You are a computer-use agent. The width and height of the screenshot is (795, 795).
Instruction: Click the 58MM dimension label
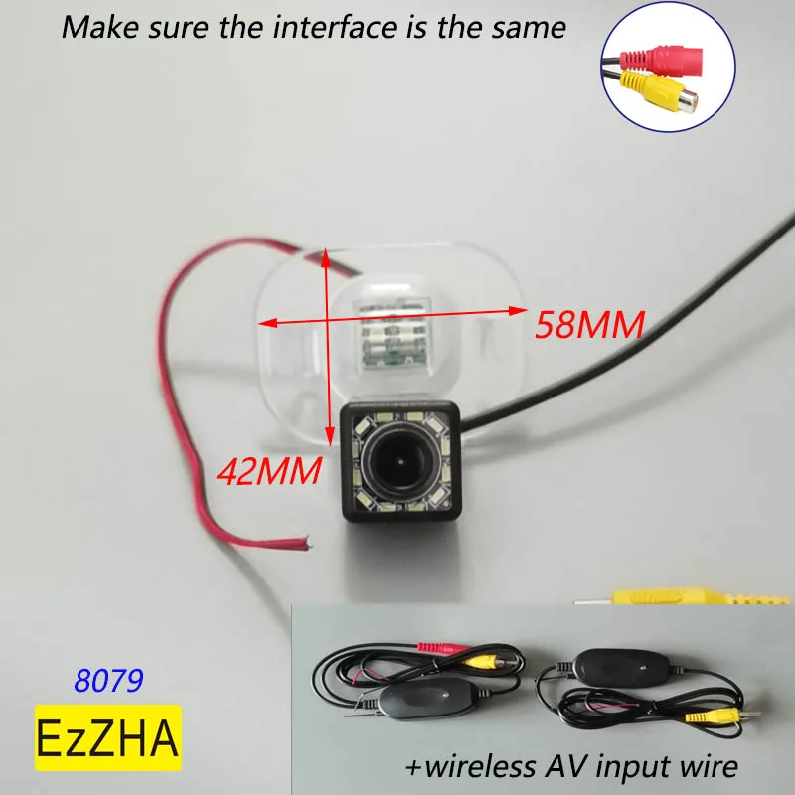590,324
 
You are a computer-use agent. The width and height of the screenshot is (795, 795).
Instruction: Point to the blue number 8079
109,680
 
